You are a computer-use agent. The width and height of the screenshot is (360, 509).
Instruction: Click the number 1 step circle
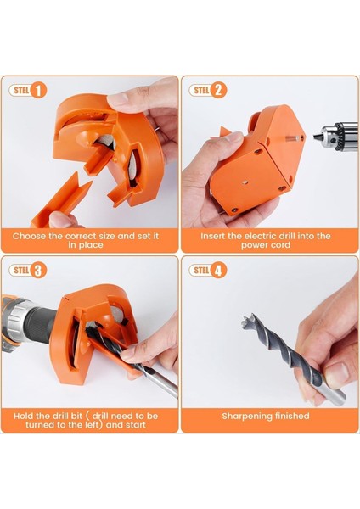pos(39,90)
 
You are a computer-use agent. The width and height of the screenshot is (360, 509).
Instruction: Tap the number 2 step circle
pos(218,90)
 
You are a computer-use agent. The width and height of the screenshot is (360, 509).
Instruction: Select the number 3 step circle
pos(39,271)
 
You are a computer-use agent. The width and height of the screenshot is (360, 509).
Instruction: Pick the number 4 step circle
pos(218,271)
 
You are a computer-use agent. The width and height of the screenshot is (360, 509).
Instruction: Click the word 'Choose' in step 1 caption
pos(29,236)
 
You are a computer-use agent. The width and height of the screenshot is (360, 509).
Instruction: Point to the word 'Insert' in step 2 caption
pos(213,236)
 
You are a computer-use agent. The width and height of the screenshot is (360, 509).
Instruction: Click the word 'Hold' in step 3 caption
pos(23,416)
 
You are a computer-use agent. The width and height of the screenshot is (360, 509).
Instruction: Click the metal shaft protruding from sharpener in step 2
pos(293,138)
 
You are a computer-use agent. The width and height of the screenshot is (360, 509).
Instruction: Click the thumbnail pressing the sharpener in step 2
pos(234,137)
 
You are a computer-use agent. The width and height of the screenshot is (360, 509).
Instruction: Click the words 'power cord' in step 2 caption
pos(266,245)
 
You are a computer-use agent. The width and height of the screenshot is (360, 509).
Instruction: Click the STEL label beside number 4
pos(201,270)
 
